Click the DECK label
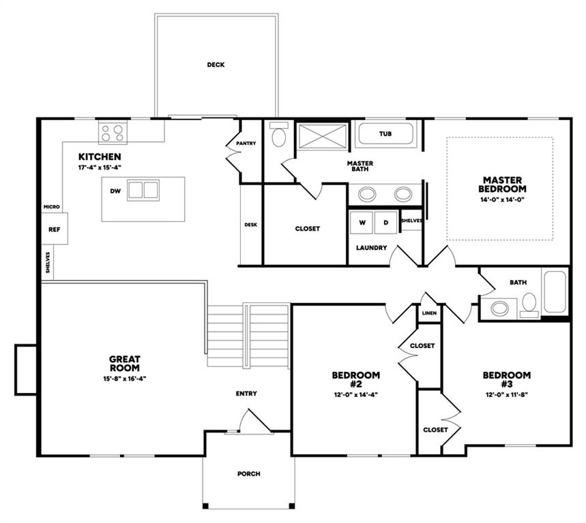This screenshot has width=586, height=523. [216, 65]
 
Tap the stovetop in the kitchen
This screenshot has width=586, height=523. [113, 132]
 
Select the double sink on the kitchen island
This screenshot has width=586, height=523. [143, 190]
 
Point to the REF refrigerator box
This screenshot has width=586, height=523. [54, 229]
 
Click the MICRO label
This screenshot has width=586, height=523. [52, 206]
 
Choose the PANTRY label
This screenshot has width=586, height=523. [246, 143]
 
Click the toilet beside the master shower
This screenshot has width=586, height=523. [279, 134]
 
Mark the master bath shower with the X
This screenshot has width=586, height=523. [323, 137]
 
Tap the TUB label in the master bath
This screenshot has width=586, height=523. [385, 133]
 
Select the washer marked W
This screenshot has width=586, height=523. [362, 223]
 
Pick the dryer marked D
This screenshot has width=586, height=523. [386, 223]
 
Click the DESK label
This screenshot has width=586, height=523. [250, 225]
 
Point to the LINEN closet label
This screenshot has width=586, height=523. [429, 313]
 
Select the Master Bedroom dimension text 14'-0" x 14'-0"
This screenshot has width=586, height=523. [502, 200]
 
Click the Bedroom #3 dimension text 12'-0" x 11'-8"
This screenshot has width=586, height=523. [506, 394]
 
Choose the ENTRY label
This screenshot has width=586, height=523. [246, 394]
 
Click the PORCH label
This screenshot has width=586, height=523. [249, 474]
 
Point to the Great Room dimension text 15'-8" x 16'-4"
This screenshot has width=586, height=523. [124, 379]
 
